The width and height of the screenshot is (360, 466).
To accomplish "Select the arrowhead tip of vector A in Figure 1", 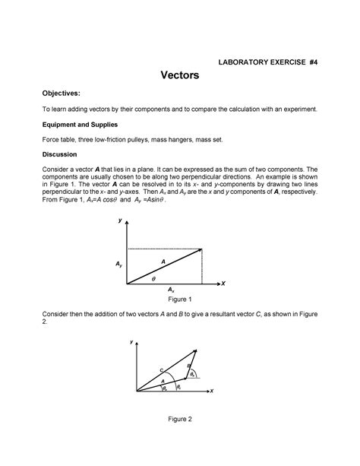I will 201,249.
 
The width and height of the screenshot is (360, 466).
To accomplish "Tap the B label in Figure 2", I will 189,366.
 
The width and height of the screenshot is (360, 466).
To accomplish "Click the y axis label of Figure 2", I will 130,343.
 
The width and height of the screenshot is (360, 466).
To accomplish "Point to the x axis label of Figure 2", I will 212,392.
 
